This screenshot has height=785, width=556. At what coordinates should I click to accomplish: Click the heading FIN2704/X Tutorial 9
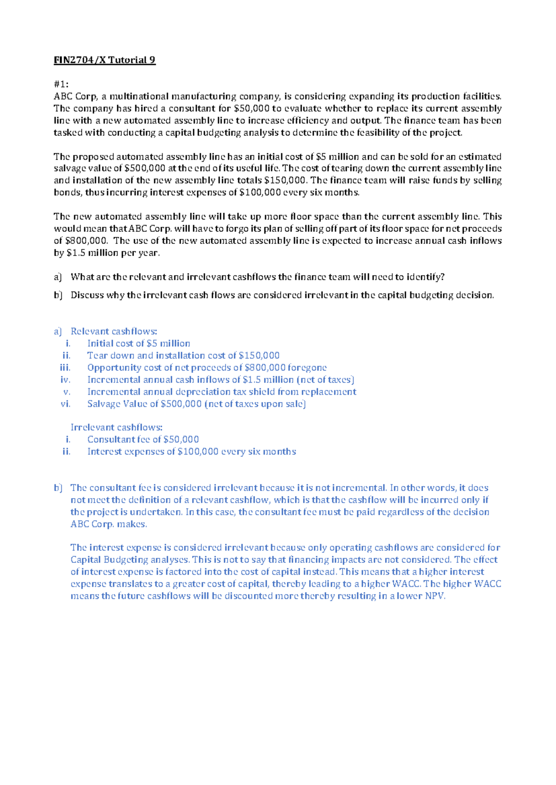coord(104,60)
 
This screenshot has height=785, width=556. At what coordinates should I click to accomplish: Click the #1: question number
coord(61,84)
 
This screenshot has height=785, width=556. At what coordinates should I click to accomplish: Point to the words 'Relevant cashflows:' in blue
coord(114,331)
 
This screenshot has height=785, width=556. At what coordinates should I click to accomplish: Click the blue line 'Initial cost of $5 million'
coord(139,343)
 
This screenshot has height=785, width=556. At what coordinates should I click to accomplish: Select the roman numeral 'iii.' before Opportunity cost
coord(65,368)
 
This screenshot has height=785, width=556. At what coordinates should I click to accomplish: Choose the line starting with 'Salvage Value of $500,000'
coord(196,404)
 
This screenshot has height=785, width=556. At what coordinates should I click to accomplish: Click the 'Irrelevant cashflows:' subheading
coord(116,427)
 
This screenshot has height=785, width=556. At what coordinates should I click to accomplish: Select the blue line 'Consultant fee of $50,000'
coord(143,439)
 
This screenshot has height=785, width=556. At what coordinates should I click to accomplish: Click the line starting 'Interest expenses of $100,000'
coord(191,451)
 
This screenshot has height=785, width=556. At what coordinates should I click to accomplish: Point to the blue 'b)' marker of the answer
coord(58,488)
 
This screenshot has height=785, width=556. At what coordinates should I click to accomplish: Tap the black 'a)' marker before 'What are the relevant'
coord(57,277)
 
